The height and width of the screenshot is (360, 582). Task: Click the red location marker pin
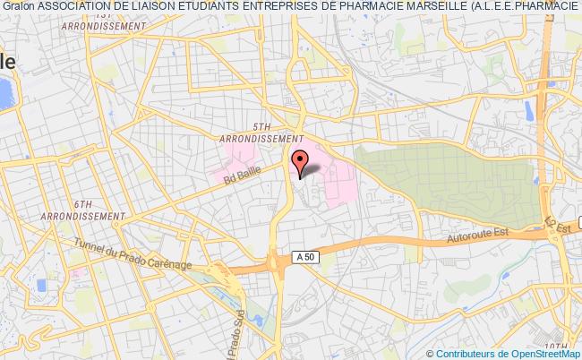pos(301,161)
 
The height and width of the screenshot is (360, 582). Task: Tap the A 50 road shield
pos(305,257)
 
